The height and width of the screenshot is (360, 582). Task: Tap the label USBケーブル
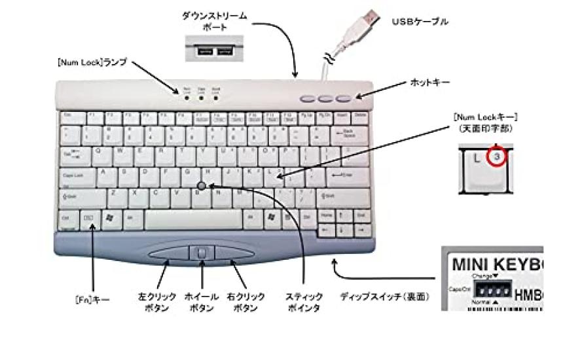point(420,22)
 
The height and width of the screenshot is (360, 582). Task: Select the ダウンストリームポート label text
point(214,21)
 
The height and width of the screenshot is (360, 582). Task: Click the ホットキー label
point(430,84)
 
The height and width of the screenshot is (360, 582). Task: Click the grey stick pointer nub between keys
point(202,187)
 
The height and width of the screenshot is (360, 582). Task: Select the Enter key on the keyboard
point(341,175)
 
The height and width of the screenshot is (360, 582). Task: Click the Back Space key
point(348,134)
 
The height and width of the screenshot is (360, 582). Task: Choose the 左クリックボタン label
point(157,302)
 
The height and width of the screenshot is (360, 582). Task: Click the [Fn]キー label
point(92,300)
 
